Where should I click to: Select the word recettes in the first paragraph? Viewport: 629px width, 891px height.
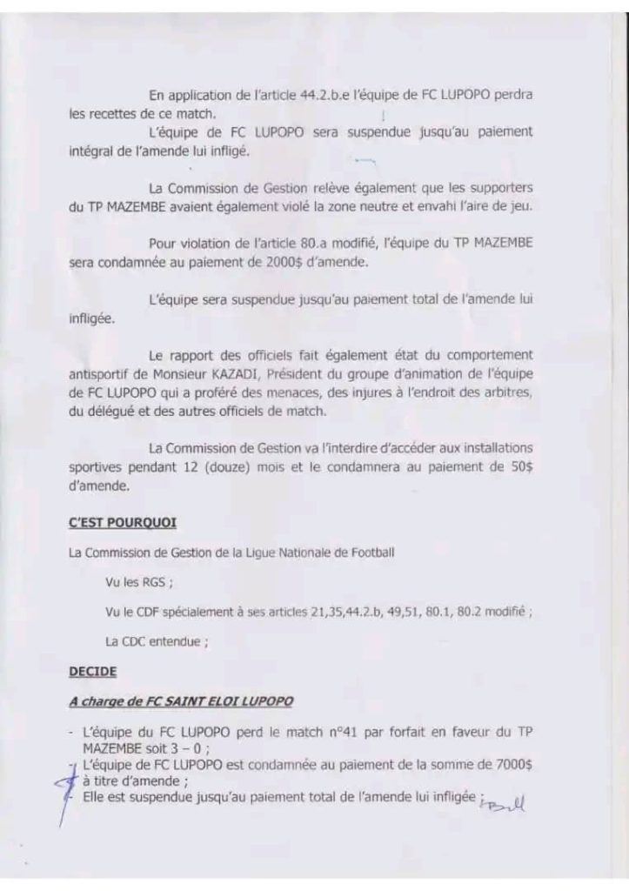coord(113,113)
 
